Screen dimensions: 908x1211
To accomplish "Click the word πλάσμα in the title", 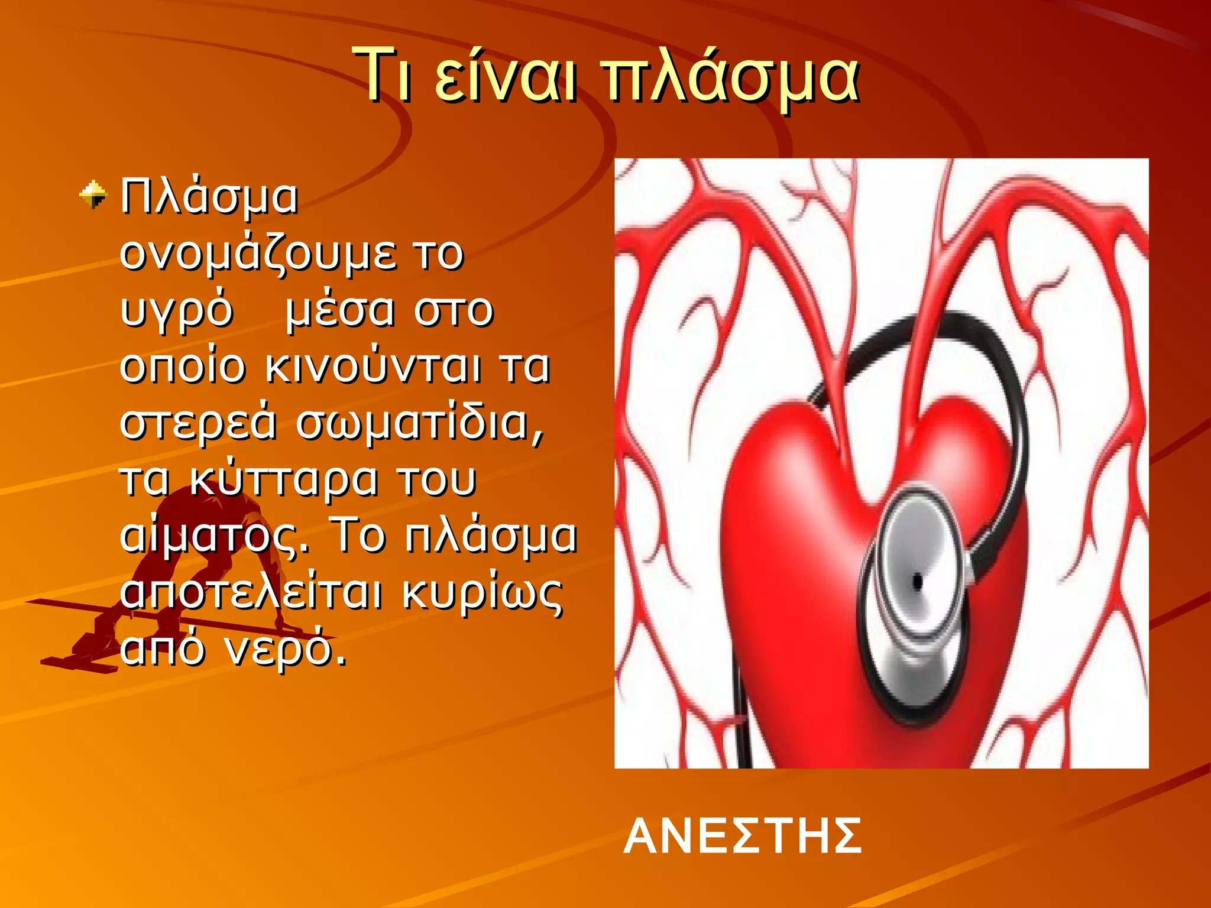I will click(730, 77).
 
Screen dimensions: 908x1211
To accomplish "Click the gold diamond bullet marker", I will click(93, 195).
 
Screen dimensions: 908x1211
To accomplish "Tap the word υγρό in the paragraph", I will click(176, 311).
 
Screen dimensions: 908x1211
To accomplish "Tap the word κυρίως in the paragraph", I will click(483, 594).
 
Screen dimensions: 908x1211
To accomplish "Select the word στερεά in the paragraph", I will click(197, 423).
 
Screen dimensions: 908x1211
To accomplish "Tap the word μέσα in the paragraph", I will click(339, 311).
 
